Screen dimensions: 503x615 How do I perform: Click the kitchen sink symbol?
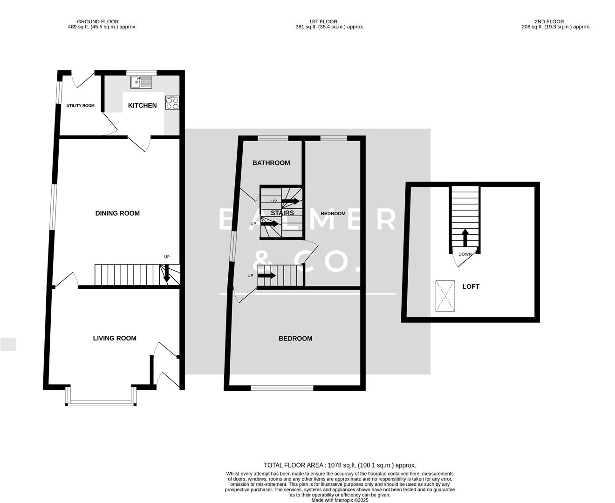[x=142, y=82]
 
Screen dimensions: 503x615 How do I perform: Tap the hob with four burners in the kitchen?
[x=172, y=103]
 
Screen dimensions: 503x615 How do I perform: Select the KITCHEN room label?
[x=142, y=106]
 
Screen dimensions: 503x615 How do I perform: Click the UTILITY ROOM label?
[x=80, y=106]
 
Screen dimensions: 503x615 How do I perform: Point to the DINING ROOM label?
[x=117, y=213]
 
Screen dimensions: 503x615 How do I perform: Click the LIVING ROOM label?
[x=115, y=338]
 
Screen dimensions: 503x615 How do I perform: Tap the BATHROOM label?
[x=271, y=163]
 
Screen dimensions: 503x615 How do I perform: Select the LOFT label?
[x=471, y=286]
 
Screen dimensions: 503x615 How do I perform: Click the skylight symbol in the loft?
[x=445, y=296]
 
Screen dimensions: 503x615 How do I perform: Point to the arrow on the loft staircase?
[x=465, y=237]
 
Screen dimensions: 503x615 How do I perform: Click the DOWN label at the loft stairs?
[x=465, y=254]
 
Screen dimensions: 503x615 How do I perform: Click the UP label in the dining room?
[x=167, y=257]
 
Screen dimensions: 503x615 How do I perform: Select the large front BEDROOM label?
[x=295, y=339]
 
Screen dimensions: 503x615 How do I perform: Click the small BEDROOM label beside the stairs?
[x=333, y=214]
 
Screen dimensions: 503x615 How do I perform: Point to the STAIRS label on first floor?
[x=282, y=213]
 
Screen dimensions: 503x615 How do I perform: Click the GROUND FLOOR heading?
[x=98, y=21]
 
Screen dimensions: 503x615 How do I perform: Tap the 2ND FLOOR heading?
[x=549, y=21]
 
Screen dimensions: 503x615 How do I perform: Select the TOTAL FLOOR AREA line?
[x=340, y=465]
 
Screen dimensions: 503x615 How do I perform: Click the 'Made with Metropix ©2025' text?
[x=340, y=500]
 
